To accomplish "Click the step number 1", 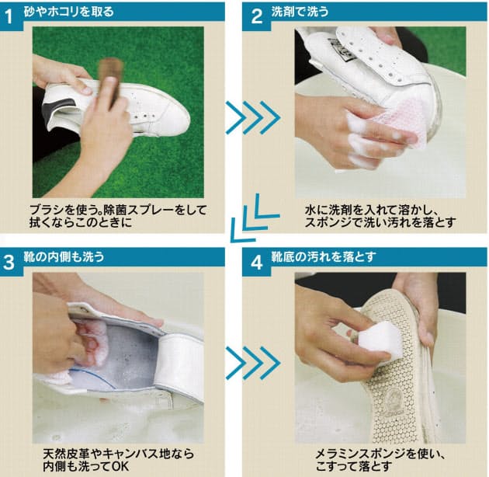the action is click(9, 16).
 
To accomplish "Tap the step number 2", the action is click(257, 16).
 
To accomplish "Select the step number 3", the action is click(9, 263).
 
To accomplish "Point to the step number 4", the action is click(257, 263).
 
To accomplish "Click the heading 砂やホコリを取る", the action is click(68, 12).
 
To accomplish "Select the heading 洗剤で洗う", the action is click(300, 12).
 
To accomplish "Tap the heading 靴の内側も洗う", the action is click(64, 256).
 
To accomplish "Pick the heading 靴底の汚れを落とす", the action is click(324, 256).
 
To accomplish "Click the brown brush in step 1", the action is click(110, 81).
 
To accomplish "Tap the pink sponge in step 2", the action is click(402, 124).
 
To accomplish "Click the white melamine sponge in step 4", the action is click(380, 340).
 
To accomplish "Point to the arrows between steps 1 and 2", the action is click(252, 117).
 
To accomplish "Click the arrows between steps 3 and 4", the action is click(252, 363).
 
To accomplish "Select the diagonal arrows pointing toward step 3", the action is click(254, 218).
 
